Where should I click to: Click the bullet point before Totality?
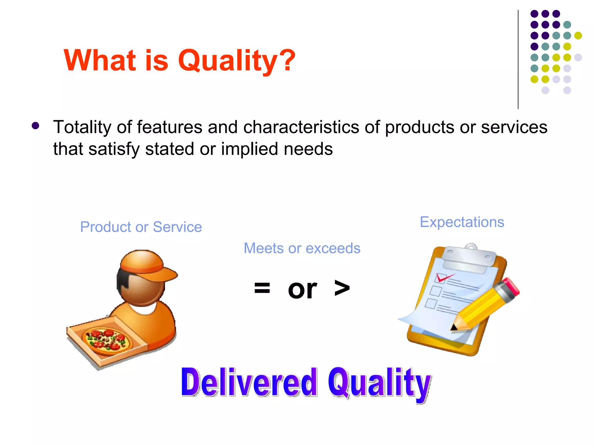tap(35, 126)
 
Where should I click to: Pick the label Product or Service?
tap(141, 227)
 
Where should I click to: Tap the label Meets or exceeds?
tap(302, 248)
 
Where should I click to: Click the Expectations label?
tap(462, 222)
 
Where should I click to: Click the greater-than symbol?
tap(342, 288)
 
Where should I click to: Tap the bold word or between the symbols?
tap(302, 289)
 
